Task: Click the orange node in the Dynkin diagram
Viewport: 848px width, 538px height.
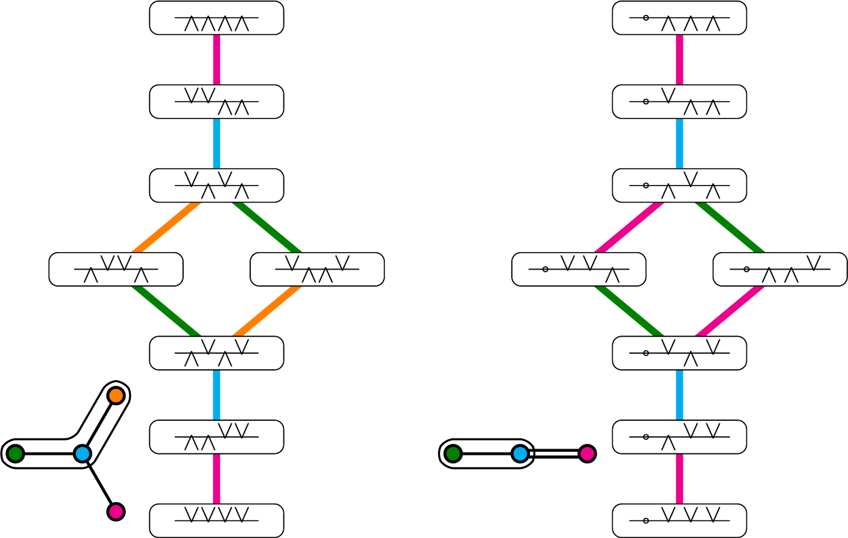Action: (116, 396)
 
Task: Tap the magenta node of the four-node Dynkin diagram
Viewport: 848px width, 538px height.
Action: (116, 511)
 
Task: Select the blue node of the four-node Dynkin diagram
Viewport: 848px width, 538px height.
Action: (83, 453)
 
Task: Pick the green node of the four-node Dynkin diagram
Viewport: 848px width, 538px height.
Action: (15, 453)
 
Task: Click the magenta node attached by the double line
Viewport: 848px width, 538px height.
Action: (587, 453)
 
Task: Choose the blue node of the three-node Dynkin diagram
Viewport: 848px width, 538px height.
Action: (520, 453)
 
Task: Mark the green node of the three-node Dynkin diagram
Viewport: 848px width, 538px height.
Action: (453, 453)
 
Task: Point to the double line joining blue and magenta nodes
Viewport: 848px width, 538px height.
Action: (554, 453)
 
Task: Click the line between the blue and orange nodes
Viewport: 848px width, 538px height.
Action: (99, 425)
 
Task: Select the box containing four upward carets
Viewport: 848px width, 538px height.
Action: (216, 18)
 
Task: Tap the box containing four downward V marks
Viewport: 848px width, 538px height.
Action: (216, 520)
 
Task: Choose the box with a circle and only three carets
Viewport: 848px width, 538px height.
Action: (679, 18)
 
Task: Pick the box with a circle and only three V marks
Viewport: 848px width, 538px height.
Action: (679, 520)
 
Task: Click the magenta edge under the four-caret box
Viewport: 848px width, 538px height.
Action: (216, 60)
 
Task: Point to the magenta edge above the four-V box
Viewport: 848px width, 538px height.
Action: (216, 478)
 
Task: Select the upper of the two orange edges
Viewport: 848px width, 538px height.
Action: (166, 227)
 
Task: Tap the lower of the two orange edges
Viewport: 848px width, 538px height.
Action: (266, 311)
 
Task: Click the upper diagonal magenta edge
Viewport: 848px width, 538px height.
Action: (629, 227)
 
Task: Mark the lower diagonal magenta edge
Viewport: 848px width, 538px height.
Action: (729, 311)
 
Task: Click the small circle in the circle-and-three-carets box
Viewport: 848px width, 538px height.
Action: (646, 18)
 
